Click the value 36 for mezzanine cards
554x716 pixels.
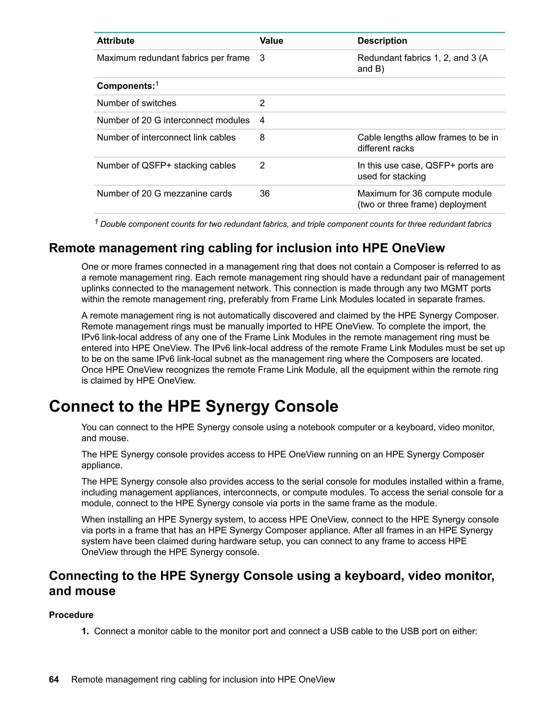(x=265, y=193)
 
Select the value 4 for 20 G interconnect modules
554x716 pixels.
(x=262, y=120)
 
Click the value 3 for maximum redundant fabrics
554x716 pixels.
(x=262, y=58)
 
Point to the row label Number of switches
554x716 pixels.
(x=136, y=103)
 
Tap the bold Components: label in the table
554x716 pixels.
(x=126, y=86)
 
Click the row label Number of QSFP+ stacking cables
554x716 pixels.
(x=166, y=166)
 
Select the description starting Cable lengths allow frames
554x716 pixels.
(x=427, y=143)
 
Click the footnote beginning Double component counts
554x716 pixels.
(x=295, y=224)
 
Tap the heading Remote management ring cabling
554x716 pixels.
(x=247, y=248)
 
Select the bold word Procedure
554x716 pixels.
(x=71, y=615)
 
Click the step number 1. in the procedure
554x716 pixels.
(x=85, y=631)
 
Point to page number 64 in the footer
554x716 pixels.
(x=54, y=680)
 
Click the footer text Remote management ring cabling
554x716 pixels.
(x=203, y=680)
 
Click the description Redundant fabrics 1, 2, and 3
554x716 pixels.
(x=422, y=63)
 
